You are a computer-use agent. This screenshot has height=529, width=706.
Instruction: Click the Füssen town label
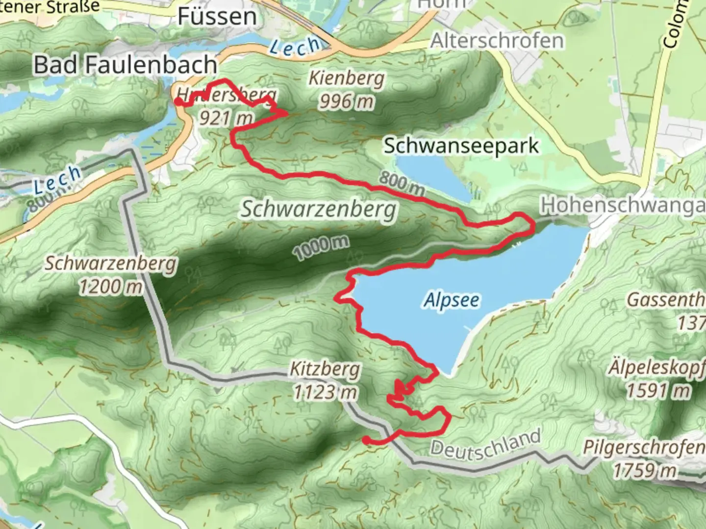coord(217,17)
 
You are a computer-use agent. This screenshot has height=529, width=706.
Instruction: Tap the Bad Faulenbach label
coord(125,65)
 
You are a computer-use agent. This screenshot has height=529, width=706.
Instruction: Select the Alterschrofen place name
coord(497,41)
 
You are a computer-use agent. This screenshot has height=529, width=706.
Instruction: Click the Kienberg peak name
coord(347,78)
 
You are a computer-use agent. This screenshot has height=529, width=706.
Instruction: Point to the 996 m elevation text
coord(347,101)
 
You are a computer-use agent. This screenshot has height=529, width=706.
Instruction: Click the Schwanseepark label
coord(461,145)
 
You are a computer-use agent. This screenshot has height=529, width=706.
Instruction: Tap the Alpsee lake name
coord(452,300)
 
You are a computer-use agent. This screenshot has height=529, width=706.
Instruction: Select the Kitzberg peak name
coord(325,369)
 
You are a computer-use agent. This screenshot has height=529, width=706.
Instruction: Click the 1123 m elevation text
coord(325,392)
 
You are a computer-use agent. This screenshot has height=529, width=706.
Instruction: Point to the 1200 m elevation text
coord(111,287)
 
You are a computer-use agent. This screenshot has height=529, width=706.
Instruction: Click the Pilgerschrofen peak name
coord(643,447)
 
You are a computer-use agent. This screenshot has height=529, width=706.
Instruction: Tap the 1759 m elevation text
coord(644,470)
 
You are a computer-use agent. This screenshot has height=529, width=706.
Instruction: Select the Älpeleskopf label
coord(656,368)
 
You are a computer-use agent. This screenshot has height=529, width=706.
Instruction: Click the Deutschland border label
coord(485,444)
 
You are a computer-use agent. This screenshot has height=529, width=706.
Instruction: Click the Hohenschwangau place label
coord(623,206)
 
